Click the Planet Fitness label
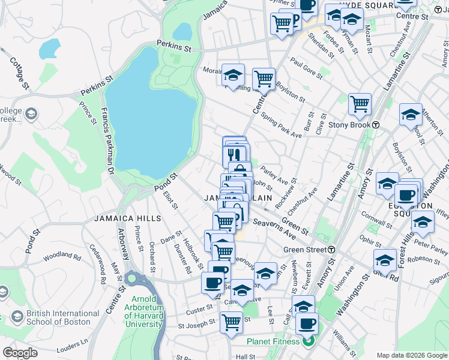pyautogui.click(x=273, y=342)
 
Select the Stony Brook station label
pyautogui.click(x=350, y=125)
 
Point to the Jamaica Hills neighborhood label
pyautogui.click(x=121, y=218)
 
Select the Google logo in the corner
pyautogui.click(x=20, y=353)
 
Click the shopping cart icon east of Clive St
pyautogui.click(x=360, y=104)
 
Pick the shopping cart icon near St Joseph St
pyautogui.click(x=231, y=322)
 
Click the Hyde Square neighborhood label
pyautogui.click(x=366, y=4)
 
